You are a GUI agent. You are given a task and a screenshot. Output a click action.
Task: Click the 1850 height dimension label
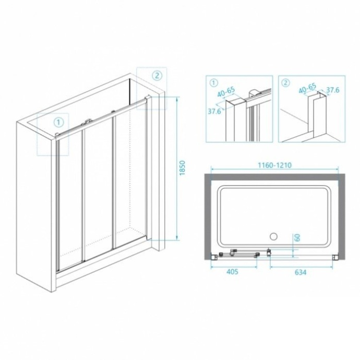click(x=183, y=168)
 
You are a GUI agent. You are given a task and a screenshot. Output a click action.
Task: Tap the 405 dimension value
click(x=233, y=272)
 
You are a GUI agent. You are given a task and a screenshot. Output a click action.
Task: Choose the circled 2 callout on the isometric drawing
click(x=157, y=75)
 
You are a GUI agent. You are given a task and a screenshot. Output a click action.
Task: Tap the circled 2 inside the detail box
click(x=285, y=83)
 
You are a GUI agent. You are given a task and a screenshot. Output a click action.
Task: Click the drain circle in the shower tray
click(x=272, y=236)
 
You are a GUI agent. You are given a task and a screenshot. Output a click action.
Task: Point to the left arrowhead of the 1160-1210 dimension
click(x=211, y=170)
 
